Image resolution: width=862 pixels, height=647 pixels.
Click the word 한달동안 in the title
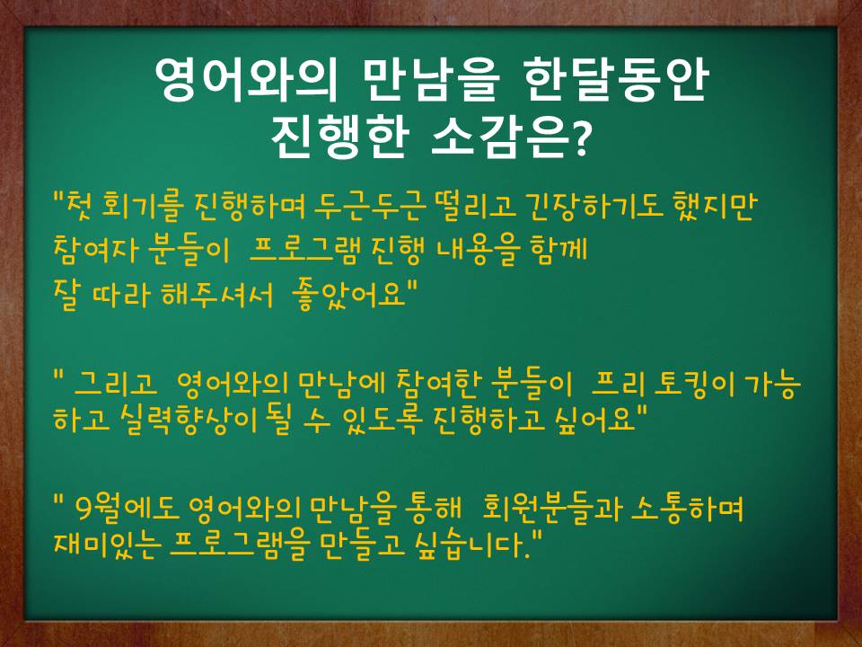615,81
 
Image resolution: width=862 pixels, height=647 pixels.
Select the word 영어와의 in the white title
245,80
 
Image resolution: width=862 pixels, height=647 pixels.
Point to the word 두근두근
369,207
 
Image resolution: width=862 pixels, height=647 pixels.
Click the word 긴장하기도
594,207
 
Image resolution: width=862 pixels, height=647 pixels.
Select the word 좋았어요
352,295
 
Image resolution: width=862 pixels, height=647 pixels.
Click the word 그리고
115,383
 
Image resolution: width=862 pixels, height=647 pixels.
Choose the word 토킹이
695,384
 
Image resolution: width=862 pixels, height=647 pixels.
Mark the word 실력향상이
188,420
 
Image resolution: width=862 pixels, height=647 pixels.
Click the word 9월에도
127,509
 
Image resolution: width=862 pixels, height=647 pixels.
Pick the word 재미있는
108,545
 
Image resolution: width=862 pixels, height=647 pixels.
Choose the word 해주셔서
217,295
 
